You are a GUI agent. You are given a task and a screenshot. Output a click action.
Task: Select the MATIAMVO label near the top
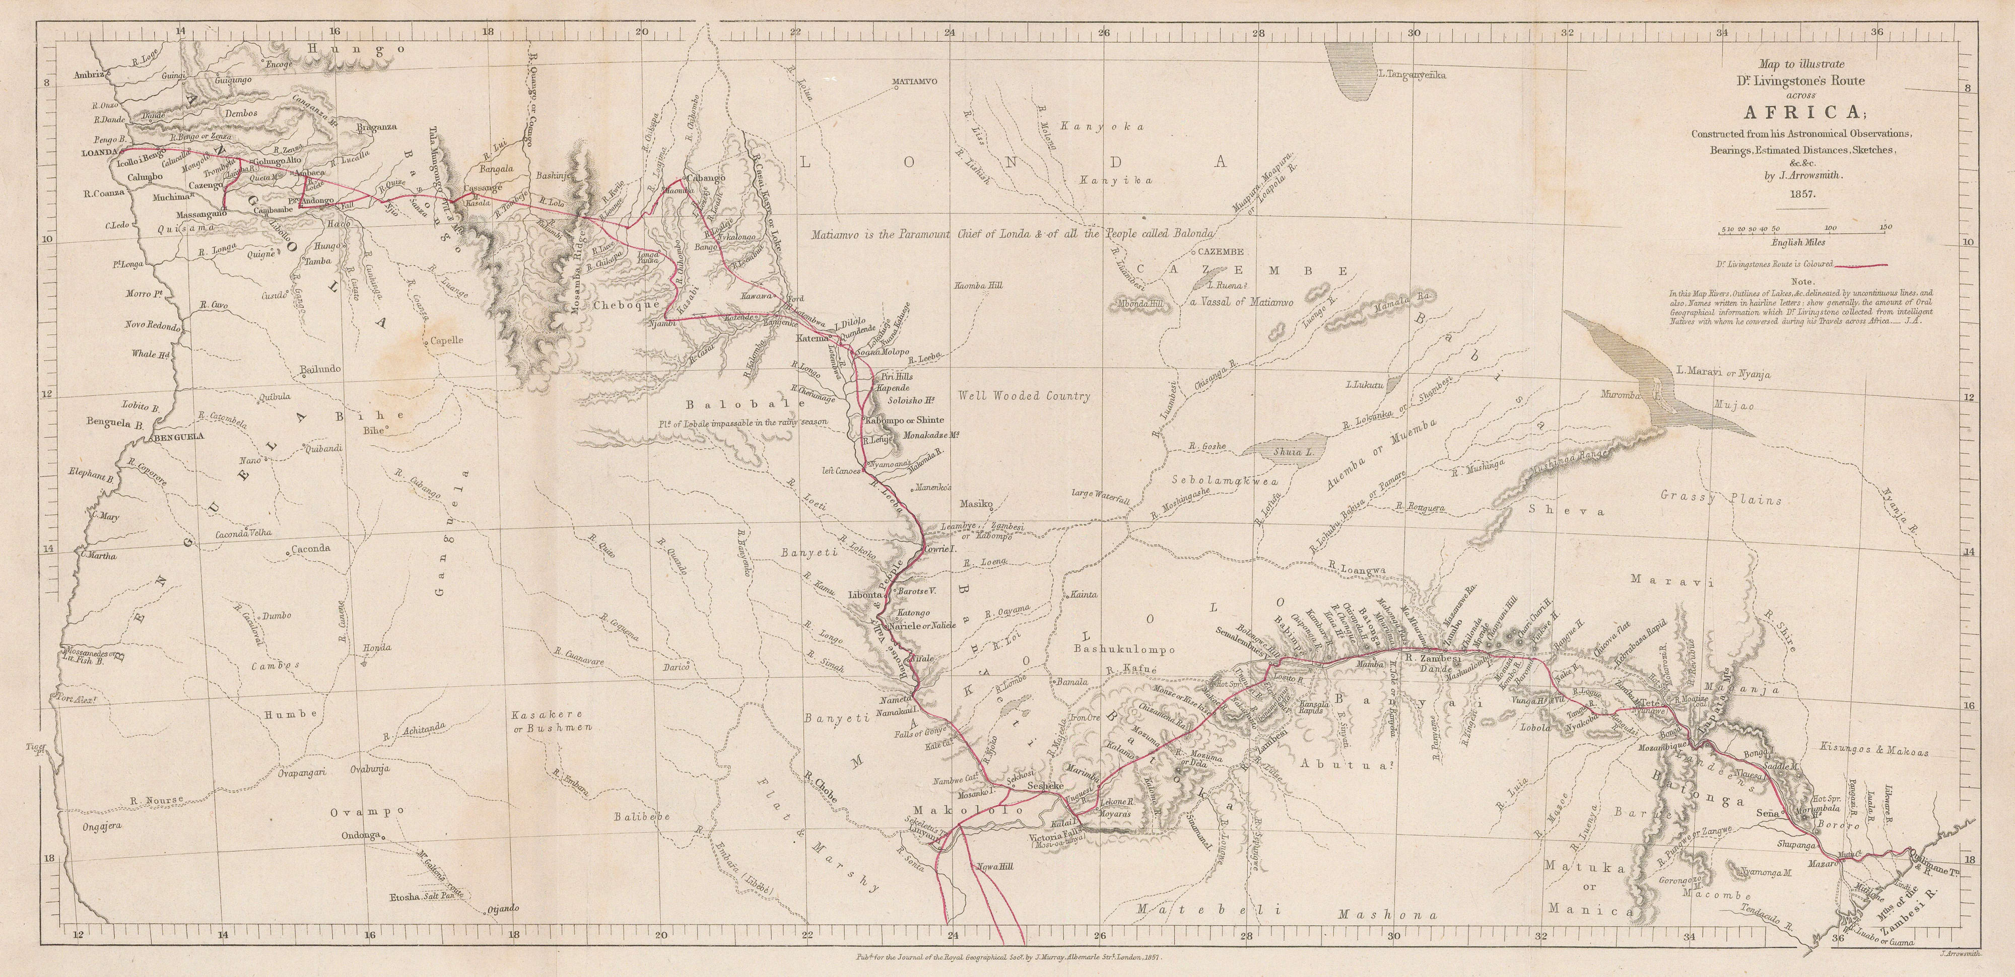point(915,82)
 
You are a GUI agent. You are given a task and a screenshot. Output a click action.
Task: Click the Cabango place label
point(706,178)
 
